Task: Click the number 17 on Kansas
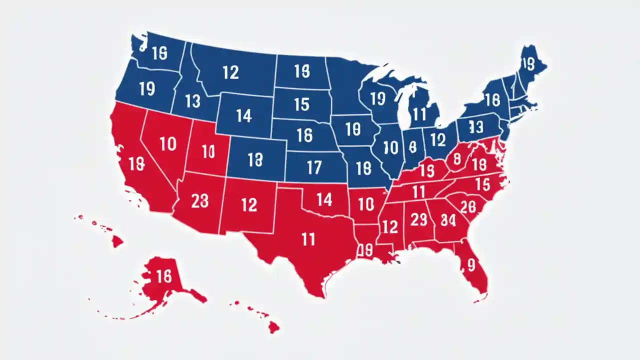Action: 314,167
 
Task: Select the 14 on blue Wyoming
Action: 243,116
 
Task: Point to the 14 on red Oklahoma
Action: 324,200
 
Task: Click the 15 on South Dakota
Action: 301,104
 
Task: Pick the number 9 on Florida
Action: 470,264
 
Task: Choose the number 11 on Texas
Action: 308,239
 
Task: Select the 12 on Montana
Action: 230,72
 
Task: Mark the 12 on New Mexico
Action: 249,204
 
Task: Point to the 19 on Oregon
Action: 147,88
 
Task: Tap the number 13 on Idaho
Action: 192,101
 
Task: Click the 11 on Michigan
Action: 419,114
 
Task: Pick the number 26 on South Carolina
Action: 468,206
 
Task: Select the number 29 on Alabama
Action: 418,219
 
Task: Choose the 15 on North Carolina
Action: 482,184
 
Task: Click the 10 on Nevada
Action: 168,144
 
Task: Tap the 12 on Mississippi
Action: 389,226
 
